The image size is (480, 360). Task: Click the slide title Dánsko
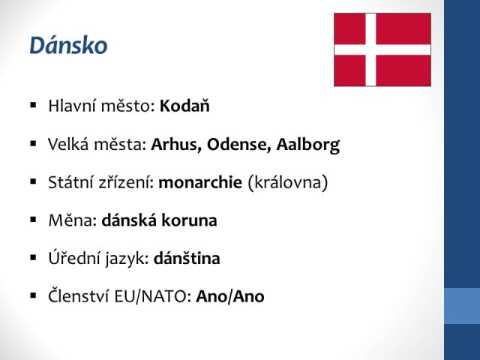click(68, 46)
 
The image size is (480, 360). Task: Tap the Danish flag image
click(382, 49)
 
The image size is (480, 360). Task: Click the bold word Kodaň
click(184, 106)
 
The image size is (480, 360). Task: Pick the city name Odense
click(239, 144)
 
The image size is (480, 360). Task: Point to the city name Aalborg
click(308, 145)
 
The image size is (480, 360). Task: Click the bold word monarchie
click(200, 182)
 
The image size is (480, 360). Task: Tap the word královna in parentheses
click(288, 182)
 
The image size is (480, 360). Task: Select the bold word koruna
click(189, 220)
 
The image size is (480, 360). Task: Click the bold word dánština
click(187, 258)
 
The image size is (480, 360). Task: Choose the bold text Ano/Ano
click(230, 296)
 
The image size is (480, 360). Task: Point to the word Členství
click(79, 295)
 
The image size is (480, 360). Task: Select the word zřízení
click(126, 182)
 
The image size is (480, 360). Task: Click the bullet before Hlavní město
click(33, 106)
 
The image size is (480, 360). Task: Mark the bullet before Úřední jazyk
click(33, 258)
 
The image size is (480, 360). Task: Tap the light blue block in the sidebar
click(462, 306)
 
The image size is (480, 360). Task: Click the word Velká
click(68, 144)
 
